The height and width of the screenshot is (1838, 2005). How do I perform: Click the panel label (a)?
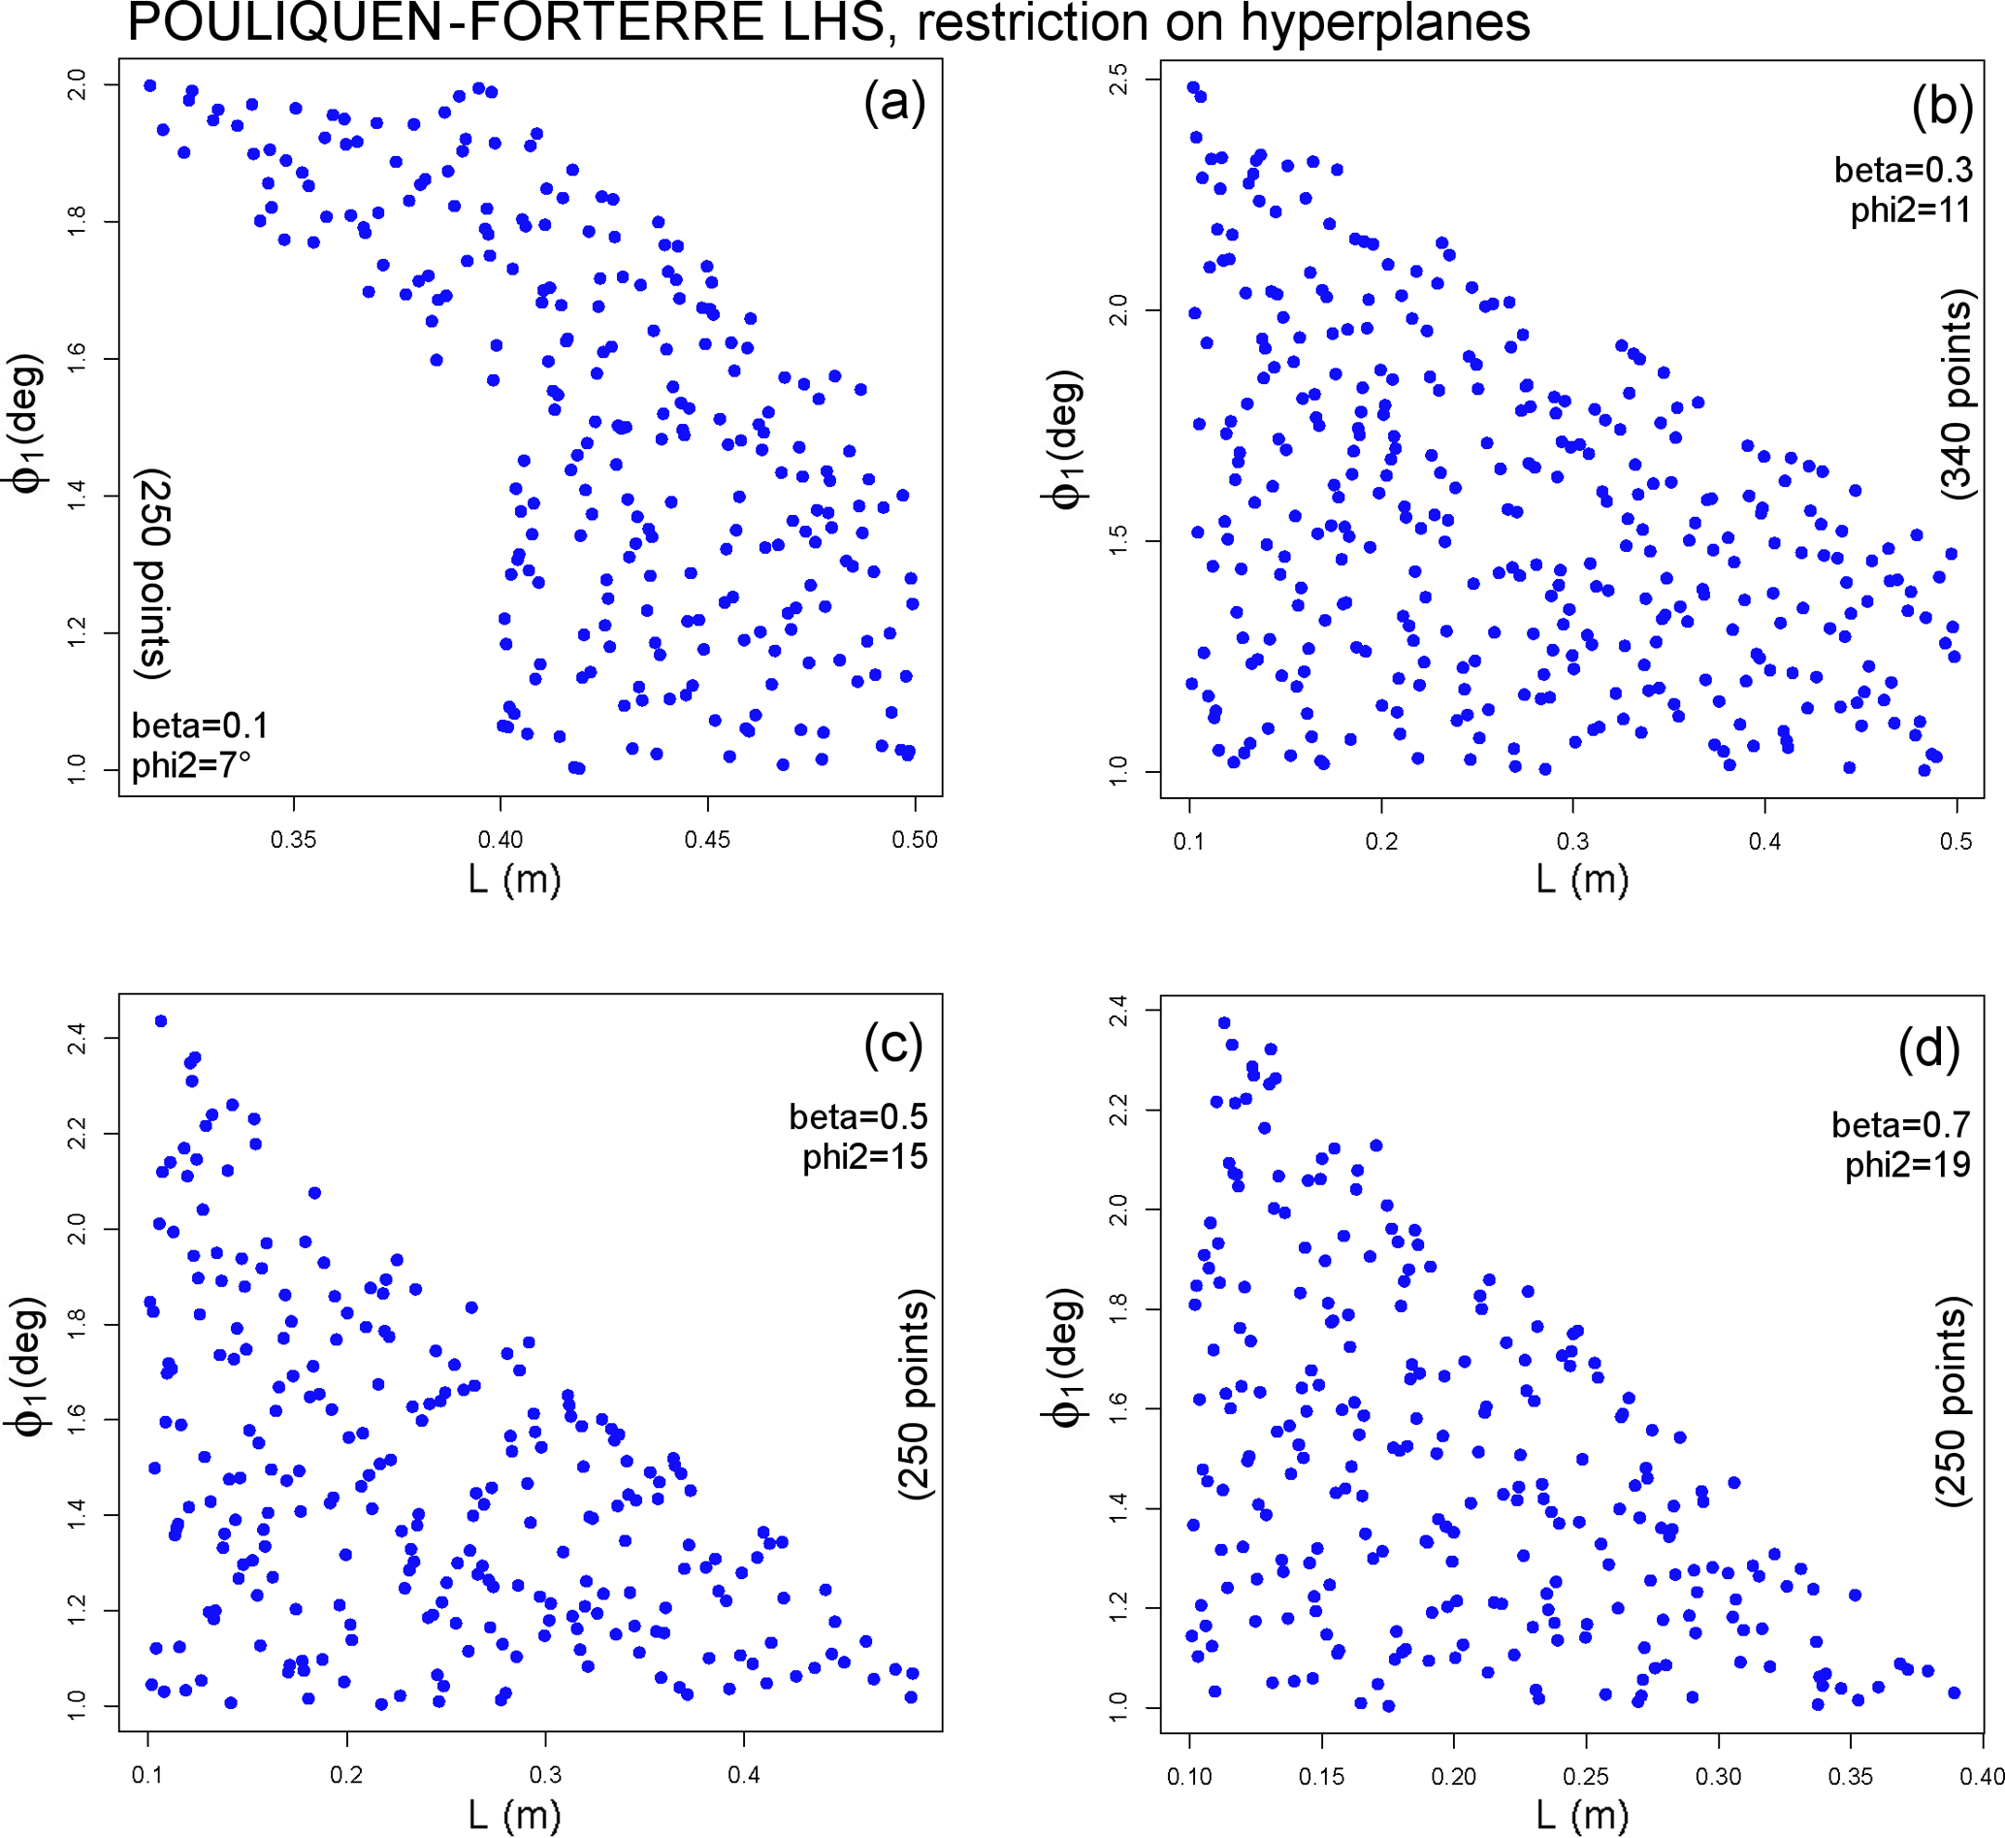point(894,102)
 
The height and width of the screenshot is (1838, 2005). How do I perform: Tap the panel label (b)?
point(1941,106)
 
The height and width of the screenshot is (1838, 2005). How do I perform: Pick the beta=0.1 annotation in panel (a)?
point(200,726)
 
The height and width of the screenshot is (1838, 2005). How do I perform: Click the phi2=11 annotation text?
point(1910,210)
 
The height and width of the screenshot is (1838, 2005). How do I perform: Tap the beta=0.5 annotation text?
point(858,1117)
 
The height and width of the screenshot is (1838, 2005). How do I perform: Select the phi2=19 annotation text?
point(1906,1164)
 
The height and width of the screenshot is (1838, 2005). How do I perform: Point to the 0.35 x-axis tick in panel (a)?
point(293,839)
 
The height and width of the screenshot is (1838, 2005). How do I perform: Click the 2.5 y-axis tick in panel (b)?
point(1117,79)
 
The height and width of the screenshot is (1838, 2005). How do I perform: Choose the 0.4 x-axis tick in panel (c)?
point(743,1775)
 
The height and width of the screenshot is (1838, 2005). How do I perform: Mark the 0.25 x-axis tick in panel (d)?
point(1585,1776)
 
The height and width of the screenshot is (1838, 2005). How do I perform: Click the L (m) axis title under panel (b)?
point(1581,879)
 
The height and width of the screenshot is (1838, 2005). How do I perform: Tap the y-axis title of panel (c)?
point(28,1368)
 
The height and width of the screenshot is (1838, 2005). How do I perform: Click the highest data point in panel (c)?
point(161,1021)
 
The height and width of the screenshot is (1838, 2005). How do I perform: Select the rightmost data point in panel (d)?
point(1954,1693)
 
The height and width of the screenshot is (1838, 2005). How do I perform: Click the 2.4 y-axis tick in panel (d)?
point(1117,1012)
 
